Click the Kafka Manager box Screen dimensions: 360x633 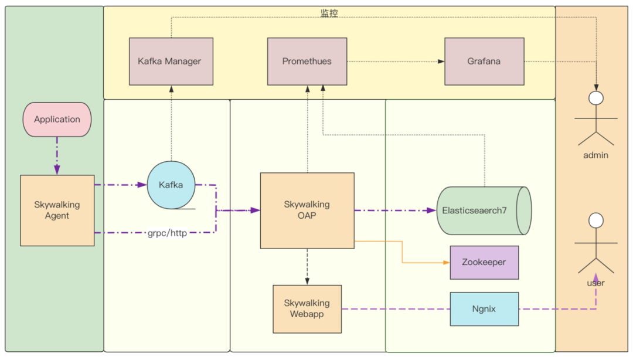pyautogui.click(x=171, y=62)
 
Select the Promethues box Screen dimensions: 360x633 pyautogui.click(x=307, y=62)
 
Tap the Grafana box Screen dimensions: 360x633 pyautogui.click(x=484, y=62)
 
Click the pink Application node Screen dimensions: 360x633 pyautogui.click(x=57, y=120)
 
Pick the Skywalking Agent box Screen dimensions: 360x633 pyautogui.click(x=57, y=210)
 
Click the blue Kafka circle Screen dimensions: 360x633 pyautogui.click(x=171, y=185)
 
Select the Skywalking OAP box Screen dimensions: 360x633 pyautogui.click(x=307, y=210)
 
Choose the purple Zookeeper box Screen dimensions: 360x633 pyautogui.click(x=484, y=262)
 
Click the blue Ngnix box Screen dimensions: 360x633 pyautogui.click(x=484, y=308)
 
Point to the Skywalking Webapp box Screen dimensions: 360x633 pyautogui.click(x=307, y=308)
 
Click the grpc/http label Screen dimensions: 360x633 pyautogui.click(x=167, y=233)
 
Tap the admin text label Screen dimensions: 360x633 pyautogui.click(x=595, y=155)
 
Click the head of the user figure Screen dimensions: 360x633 pyautogui.click(x=596, y=220)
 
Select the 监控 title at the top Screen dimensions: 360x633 pyautogui.click(x=329, y=13)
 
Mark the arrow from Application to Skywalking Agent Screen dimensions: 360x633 pyautogui.click(x=57, y=156)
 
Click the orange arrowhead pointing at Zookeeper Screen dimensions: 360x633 pyautogui.click(x=446, y=262)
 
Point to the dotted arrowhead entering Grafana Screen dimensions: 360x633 pyautogui.click(x=441, y=62)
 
